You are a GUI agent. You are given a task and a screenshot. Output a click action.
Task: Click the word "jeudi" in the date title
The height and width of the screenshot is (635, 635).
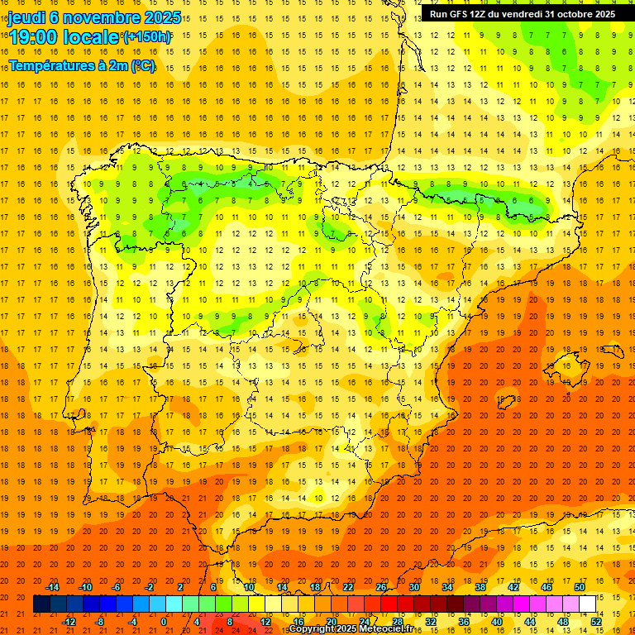(26, 17)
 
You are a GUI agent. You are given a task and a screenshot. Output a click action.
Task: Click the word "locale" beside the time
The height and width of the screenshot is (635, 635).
(93, 37)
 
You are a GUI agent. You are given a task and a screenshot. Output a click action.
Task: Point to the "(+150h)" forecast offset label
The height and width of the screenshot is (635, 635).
(147, 37)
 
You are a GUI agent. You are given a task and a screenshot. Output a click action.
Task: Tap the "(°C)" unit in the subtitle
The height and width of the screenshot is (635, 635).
(143, 65)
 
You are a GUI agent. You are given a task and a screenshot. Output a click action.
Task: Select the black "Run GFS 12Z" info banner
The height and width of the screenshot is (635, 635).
(523, 14)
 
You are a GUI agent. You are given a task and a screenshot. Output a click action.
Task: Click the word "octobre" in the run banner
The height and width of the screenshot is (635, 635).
(570, 14)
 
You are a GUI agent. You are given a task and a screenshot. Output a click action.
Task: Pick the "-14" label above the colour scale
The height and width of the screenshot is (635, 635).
(52, 587)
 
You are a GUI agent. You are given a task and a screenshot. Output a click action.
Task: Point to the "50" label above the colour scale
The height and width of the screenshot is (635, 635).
(580, 587)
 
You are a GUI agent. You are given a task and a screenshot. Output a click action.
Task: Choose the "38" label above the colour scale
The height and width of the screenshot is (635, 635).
(480, 587)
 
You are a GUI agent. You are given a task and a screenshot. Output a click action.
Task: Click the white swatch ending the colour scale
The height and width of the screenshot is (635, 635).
(588, 604)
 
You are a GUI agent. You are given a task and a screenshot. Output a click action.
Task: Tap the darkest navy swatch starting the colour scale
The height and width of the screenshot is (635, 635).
(41, 604)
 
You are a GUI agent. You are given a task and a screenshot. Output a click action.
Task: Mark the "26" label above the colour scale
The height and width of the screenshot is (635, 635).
(381, 587)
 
